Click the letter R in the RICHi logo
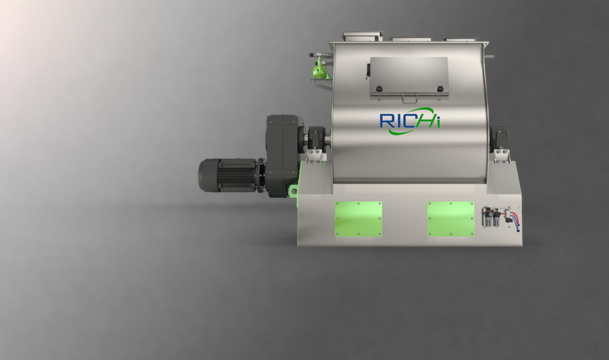387,121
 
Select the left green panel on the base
359,219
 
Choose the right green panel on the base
451,219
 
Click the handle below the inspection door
410,97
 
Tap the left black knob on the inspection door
379,89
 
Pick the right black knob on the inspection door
440,89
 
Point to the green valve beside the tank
320,70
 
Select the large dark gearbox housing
284,155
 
